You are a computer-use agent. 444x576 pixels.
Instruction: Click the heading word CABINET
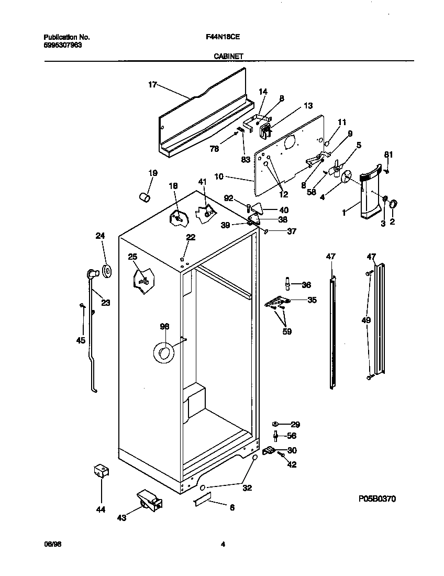(x=228, y=56)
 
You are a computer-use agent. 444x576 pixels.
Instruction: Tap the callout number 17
(x=152, y=85)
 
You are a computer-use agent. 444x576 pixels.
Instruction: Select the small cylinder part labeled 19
(x=144, y=197)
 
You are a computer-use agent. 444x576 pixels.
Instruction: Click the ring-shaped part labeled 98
(x=164, y=352)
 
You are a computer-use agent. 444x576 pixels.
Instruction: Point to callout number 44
(x=101, y=509)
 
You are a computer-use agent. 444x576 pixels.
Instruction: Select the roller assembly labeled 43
(x=148, y=500)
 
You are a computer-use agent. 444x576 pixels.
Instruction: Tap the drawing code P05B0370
(x=376, y=499)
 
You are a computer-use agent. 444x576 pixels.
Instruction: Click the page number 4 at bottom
(x=223, y=544)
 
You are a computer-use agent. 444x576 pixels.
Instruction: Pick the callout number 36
(x=306, y=285)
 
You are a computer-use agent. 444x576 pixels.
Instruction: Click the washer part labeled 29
(x=275, y=424)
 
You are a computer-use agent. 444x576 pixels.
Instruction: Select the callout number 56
(x=292, y=436)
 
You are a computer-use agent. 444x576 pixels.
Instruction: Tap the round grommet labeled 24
(x=108, y=271)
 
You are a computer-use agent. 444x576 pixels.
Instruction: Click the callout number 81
(x=388, y=154)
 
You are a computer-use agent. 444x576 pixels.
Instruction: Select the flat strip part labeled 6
(x=201, y=501)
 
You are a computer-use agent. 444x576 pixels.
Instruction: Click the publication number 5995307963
(x=62, y=45)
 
